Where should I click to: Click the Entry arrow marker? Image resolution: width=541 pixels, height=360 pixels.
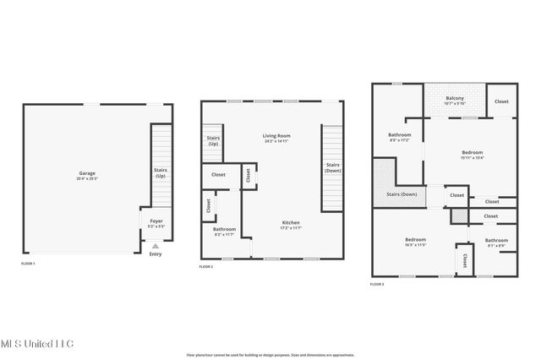pyautogui.click(x=155, y=247)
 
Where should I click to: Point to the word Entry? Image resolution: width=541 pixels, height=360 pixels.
pyautogui.click(x=155, y=254)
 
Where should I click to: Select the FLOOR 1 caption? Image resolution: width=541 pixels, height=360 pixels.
pyautogui.click(x=28, y=264)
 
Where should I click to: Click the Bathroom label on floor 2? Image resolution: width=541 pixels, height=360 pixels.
pyautogui.click(x=224, y=231)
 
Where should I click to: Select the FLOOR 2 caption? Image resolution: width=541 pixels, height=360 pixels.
pyautogui.click(x=206, y=267)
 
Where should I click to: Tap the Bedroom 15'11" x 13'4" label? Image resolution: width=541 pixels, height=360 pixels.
pyautogui.click(x=472, y=154)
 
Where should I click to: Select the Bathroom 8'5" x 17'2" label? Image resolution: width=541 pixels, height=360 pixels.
pyautogui.click(x=400, y=137)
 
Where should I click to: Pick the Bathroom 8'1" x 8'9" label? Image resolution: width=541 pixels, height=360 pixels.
pyautogui.click(x=496, y=243)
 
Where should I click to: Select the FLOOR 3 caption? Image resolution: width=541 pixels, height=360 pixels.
pyautogui.click(x=377, y=285)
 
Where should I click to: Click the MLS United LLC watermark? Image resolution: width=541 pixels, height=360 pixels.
pyautogui.click(x=37, y=344)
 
